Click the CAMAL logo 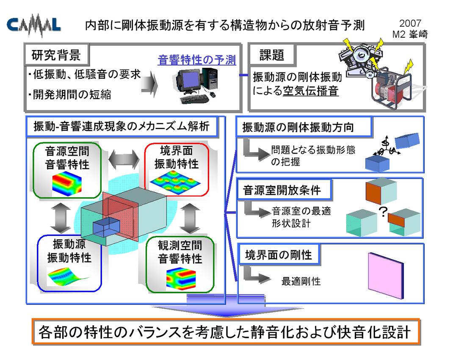33,26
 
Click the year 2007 410,23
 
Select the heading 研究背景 56,55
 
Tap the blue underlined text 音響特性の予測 197,60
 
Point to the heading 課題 271,55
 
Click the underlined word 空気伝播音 311,91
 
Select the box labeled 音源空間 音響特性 67,170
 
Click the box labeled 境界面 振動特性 177,170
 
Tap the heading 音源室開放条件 282,190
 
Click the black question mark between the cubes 383,212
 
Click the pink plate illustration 386,276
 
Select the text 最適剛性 301,281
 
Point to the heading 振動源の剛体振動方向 298,127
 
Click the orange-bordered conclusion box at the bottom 226,332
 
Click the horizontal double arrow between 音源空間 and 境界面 124,159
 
